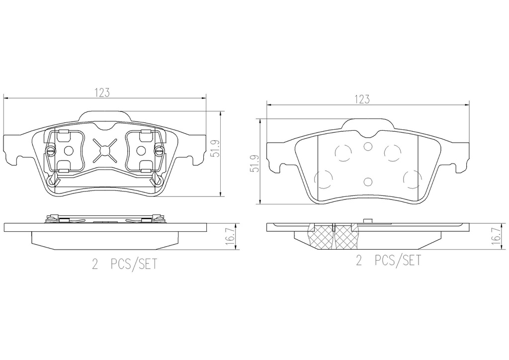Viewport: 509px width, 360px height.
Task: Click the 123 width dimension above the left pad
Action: pyautogui.click(x=102, y=92)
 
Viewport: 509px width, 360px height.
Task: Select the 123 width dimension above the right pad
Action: pyautogui.click(x=362, y=99)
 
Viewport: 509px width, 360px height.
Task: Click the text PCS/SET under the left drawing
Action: pyautogui.click(x=134, y=264)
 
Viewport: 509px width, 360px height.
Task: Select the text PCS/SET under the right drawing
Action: pyautogui.click(x=398, y=261)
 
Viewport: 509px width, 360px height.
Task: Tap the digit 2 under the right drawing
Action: pyautogui.click(x=359, y=261)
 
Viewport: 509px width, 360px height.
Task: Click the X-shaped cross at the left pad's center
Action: pyautogui.click(x=104, y=150)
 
